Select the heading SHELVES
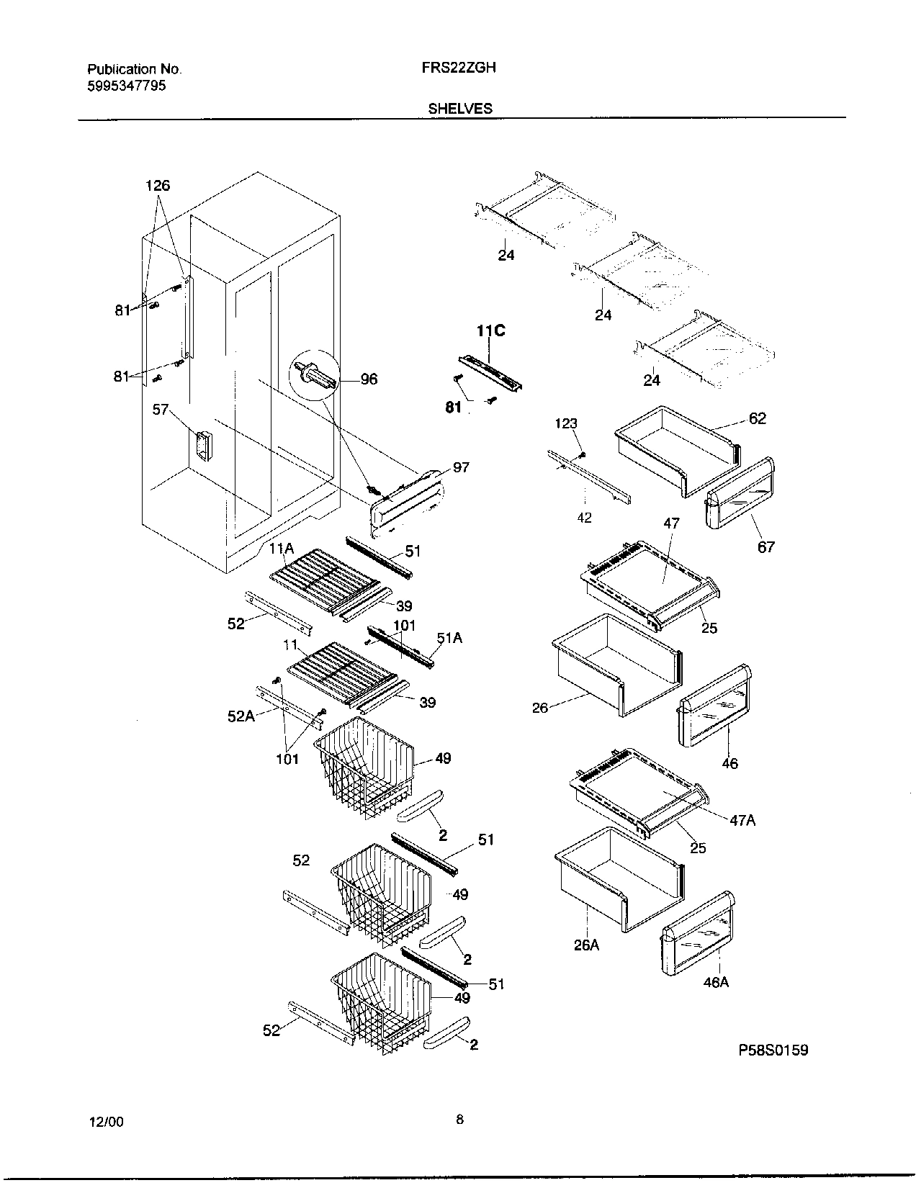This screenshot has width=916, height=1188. pyautogui.click(x=460, y=108)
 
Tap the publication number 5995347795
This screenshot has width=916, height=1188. pyautogui.click(x=126, y=85)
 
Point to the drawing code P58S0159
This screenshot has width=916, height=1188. pyautogui.click(x=773, y=1050)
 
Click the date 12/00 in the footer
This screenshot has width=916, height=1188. pyautogui.click(x=106, y=1122)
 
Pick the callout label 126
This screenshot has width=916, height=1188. pyautogui.click(x=158, y=186)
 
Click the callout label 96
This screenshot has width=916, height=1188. pyautogui.click(x=368, y=379)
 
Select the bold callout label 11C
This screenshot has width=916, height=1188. pyautogui.click(x=490, y=331)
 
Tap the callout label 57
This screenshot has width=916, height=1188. pyautogui.click(x=160, y=410)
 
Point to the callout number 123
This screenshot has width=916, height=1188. pyautogui.click(x=566, y=423)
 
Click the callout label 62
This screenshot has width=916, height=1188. pyautogui.click(x=758, y=418)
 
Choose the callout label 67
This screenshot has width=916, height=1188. pyautogui.click(x=766, y=546)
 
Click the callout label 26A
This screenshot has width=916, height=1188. pyautogui.click(x=586, y=945)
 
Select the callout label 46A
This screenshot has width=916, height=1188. pyautogui.click(x=716, y=982)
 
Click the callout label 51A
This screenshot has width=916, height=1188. pyautogui.click(x=449, y=638)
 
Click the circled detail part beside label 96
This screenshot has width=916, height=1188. pyautogui.click(x=314, y=376)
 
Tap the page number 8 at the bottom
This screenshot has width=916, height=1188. pyautogui.click(x=459, y=1120)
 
